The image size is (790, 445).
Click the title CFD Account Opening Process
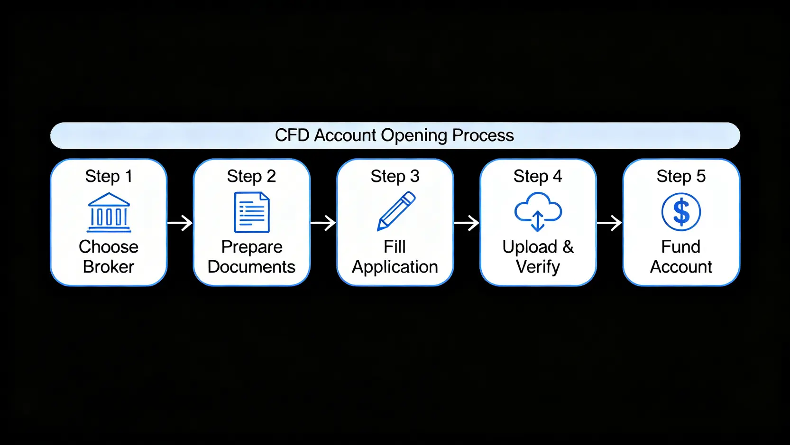pyautogui.click(x=394, y=135)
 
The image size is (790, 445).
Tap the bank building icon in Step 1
pyautogui.click(x=109, y=212)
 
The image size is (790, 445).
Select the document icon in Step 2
pyautogui.click(x=252, y=212)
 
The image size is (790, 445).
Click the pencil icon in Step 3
pyautogui.click(x=396, y=211)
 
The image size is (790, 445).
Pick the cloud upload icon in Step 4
pyautogui.click(x=538, y=211)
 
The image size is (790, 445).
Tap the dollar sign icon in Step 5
pyautogui.click(x=681, y=212)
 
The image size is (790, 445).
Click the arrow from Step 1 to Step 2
pyautogui.click(x=180, y=222)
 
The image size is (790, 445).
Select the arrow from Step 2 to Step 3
pyautogui.click(x=323, y=222)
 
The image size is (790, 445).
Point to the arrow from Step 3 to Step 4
pyautogui.click(x=467, y=222)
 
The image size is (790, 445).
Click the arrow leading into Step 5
pyautogui.click(x=609, y=222)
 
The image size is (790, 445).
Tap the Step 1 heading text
pyautogui.click(x=109, y=176)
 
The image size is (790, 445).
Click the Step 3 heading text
pyautogui.click(x=395, y=176)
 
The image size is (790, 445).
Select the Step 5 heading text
pyautogui.click(x=681, y=176)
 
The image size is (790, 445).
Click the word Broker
pyautogui.click(x=109, y=267)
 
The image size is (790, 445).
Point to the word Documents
pyautogui.click(x=251, y=267)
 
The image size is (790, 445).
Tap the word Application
pyautogui.click(x=395, y=267)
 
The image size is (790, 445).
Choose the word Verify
pyautogui.click(x=538, y=267)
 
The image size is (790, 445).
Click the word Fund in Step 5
pyautogui.click(x=680, y=247)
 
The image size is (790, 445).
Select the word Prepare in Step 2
pyautogui.click(x=252, y=247)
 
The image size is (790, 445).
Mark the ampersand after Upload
pyautogui.click(x=568, y=247)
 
